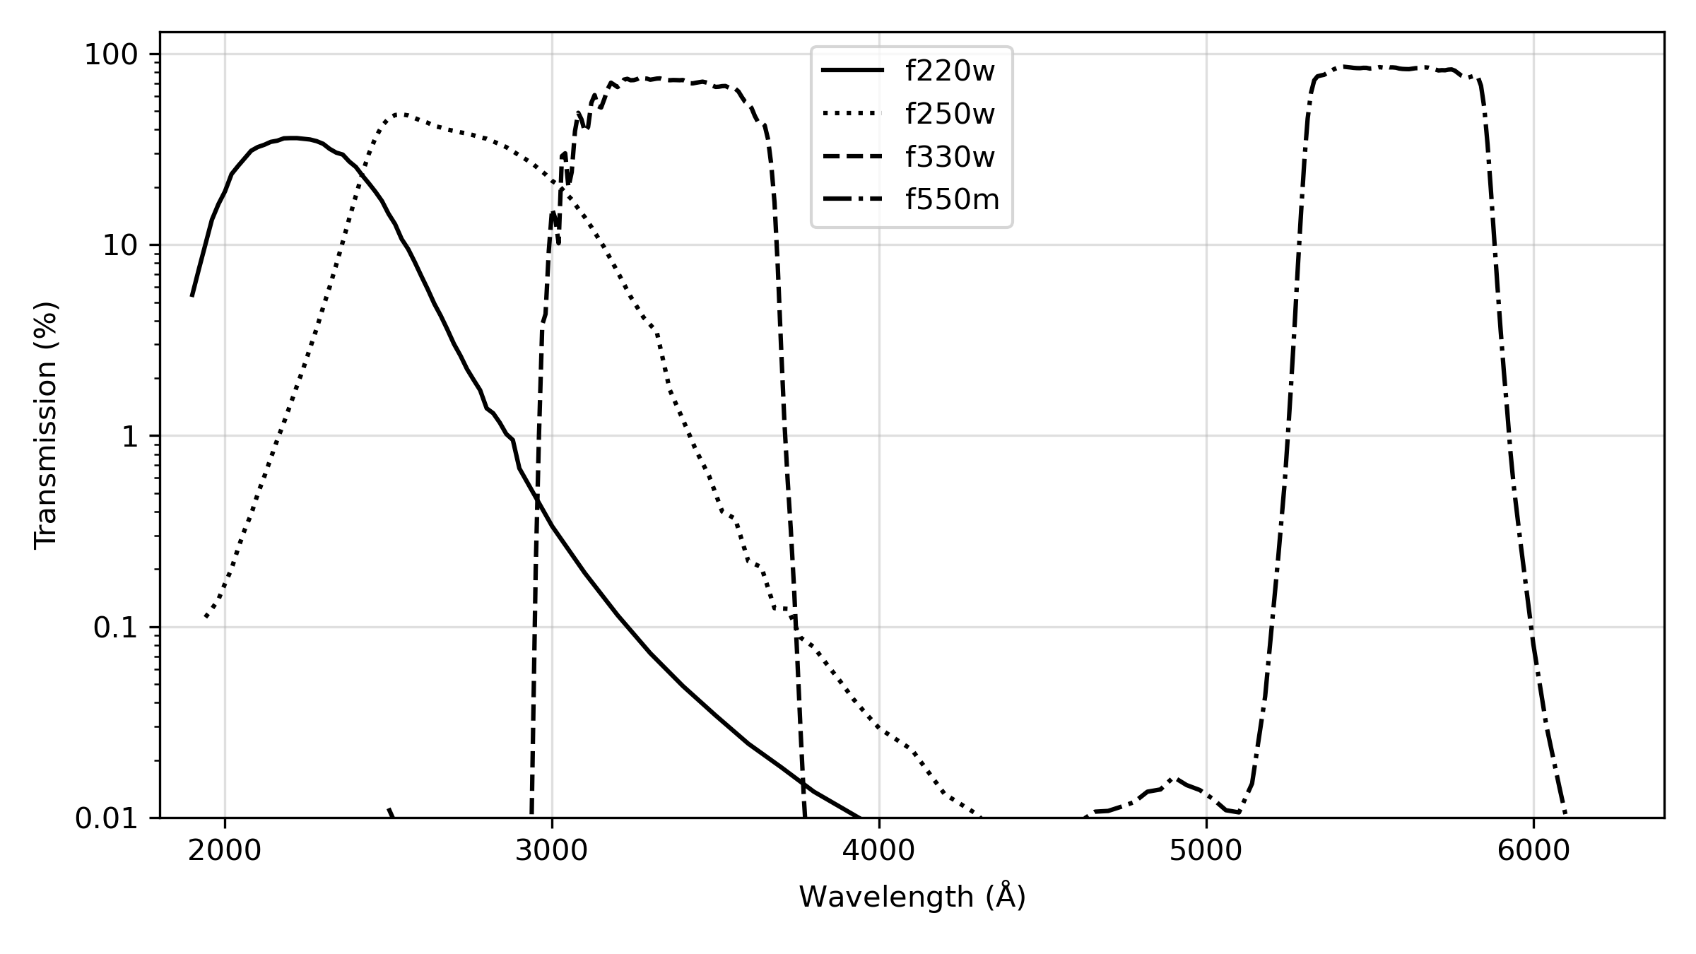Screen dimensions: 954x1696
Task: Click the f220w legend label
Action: pos(950,71)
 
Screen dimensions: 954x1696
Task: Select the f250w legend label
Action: pos(950,114)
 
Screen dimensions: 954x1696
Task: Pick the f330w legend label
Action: pos(950,158)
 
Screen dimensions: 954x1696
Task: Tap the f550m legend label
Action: pos(953,201)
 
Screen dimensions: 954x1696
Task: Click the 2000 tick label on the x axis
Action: pos(225,852)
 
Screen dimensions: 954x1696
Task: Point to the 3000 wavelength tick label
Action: pos(551,852)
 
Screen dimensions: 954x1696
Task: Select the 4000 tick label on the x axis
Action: pos(878,852)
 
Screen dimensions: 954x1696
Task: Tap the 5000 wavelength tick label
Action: pos(1206,852)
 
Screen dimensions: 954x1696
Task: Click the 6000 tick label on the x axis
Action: pos(1533,852)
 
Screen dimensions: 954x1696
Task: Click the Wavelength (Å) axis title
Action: pos(912,897)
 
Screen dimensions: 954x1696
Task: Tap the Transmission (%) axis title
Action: pos(47,425)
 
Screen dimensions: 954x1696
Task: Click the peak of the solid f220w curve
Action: pos(293,139)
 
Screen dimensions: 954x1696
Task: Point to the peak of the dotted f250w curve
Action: pos(400,114)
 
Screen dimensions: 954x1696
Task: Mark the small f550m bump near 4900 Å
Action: pos(1173,779)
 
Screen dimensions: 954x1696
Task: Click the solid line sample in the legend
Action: pos(852,71)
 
